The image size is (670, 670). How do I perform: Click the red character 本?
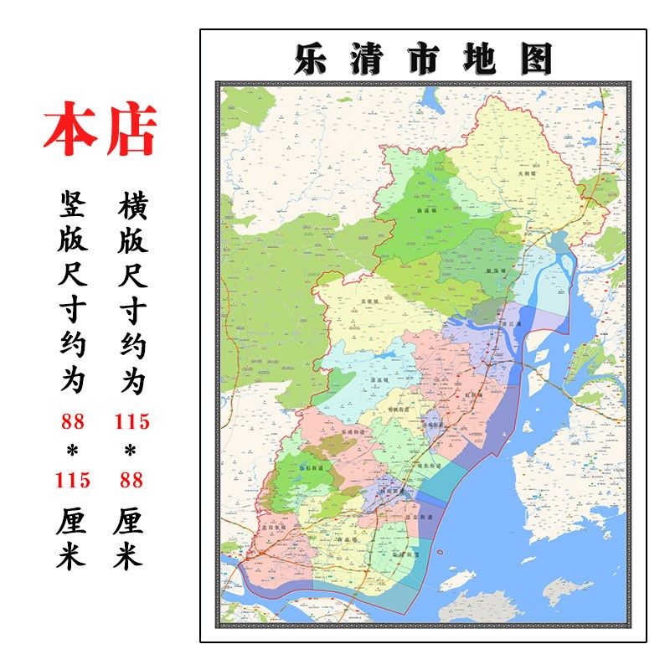coord(70,130)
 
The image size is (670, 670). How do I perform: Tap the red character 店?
coord(131,130)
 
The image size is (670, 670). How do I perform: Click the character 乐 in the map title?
coord(311,59)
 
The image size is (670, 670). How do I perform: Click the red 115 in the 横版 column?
coord(132,421)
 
